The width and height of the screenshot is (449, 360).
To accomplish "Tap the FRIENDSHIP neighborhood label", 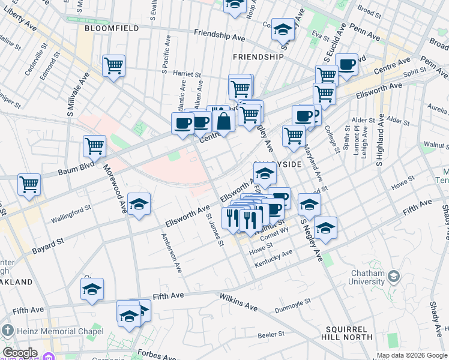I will point(258,57).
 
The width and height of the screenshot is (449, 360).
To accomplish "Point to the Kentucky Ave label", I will point(274,256).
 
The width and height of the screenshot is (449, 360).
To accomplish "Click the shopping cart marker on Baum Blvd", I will point(94,145).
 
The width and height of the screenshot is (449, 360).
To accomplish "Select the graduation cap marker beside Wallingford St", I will point(139,204).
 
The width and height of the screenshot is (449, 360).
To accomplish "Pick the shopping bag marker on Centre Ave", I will point(223,121).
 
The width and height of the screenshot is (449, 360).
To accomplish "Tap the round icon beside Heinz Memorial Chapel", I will point(7,331).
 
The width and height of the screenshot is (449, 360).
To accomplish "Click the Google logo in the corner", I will point(20,353).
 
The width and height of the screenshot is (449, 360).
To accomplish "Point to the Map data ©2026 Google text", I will point(411,355).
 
